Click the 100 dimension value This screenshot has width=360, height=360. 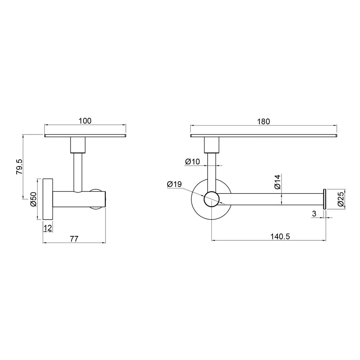coord(85,121)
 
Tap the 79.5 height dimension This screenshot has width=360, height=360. coord(20,167)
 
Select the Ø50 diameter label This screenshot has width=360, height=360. coord(33,200)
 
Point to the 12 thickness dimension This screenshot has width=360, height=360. coord(48,227)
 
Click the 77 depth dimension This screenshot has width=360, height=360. coord(74,239)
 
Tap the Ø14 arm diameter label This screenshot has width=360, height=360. coord(277,182)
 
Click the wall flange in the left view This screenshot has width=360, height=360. coord(48,200)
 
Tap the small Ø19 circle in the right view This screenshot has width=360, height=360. coord(212,199)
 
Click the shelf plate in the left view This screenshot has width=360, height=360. coord(85,136)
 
